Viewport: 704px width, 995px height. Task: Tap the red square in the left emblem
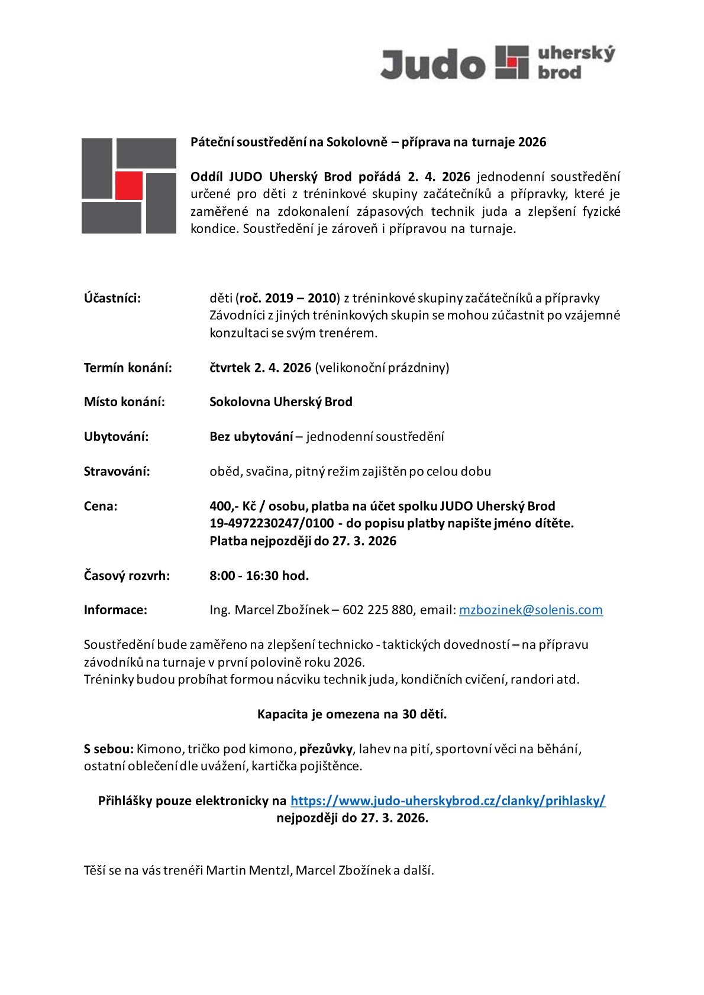[x=129, y=185]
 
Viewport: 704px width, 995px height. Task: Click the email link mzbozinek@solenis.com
[x=531, y=610]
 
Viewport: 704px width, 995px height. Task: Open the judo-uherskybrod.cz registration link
[x=448, y=800]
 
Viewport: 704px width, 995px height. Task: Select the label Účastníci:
[x=112, y=298]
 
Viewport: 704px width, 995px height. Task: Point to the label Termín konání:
[x=128, y=368]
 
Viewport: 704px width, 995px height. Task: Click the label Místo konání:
[x=124, y=402]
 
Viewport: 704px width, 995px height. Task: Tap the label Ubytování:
[x=116, y=437]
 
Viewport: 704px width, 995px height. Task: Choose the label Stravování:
[x=117, y=471]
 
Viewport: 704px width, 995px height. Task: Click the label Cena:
[x=101, y=506]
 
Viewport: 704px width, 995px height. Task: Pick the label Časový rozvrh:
[x=127, y=575]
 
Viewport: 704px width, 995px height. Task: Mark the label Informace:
[x=115, y=610]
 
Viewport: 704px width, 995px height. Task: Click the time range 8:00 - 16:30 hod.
[x=259, y=575]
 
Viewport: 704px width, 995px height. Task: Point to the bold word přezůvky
[x=326, y=749]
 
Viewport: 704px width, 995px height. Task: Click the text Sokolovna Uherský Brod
[x=281, y=402]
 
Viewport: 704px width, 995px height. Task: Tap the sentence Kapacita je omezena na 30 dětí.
[x=352, y=714]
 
